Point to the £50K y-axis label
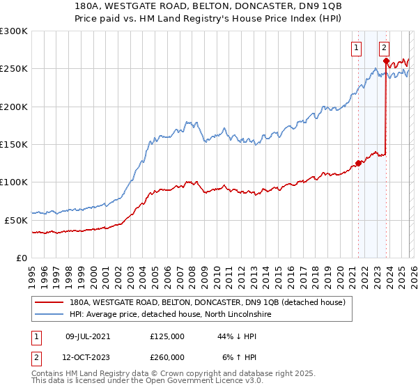[x=16, y=220]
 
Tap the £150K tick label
[x=13, y=144]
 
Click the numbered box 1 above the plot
[x=357, y=48]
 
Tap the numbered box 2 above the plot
[x=384, y=48]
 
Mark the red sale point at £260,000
[x=386, y=61]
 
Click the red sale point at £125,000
[x=358, y=164]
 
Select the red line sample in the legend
[x=49, y=303]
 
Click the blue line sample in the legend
[x=49, y=315]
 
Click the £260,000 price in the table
[x=167, y=357]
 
